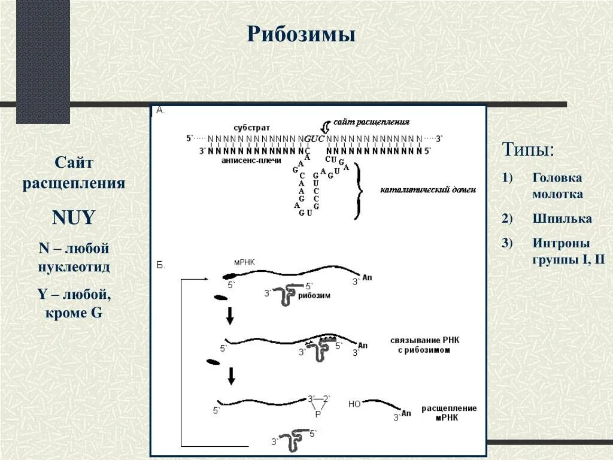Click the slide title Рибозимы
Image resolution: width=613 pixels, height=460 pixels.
[x=301, y=34]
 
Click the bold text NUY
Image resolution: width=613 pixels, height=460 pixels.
[x=74, y=217]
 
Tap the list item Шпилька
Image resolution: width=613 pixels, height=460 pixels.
[x=562, y=219]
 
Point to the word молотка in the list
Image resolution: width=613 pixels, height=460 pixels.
[x=557, y=194]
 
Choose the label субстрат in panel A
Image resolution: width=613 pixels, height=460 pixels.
[x=251, y=128]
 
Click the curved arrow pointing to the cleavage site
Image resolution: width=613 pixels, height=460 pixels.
[x=325, y=126]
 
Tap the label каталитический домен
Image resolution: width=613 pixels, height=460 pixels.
[x=428, y=190]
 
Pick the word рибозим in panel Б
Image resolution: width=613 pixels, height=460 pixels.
[x=314, y=295]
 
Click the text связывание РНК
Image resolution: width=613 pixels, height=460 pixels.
[x=425, y=340]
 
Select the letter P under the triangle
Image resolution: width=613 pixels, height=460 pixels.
[x=318, y=414]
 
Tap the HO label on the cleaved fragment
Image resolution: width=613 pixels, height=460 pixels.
[x=354, y=404]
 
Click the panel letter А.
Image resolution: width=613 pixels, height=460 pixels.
[x=160, y=110]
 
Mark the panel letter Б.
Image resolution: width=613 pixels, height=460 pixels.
[x=161, y=264]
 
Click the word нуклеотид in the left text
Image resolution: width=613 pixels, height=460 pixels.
[x=74, y=267]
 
